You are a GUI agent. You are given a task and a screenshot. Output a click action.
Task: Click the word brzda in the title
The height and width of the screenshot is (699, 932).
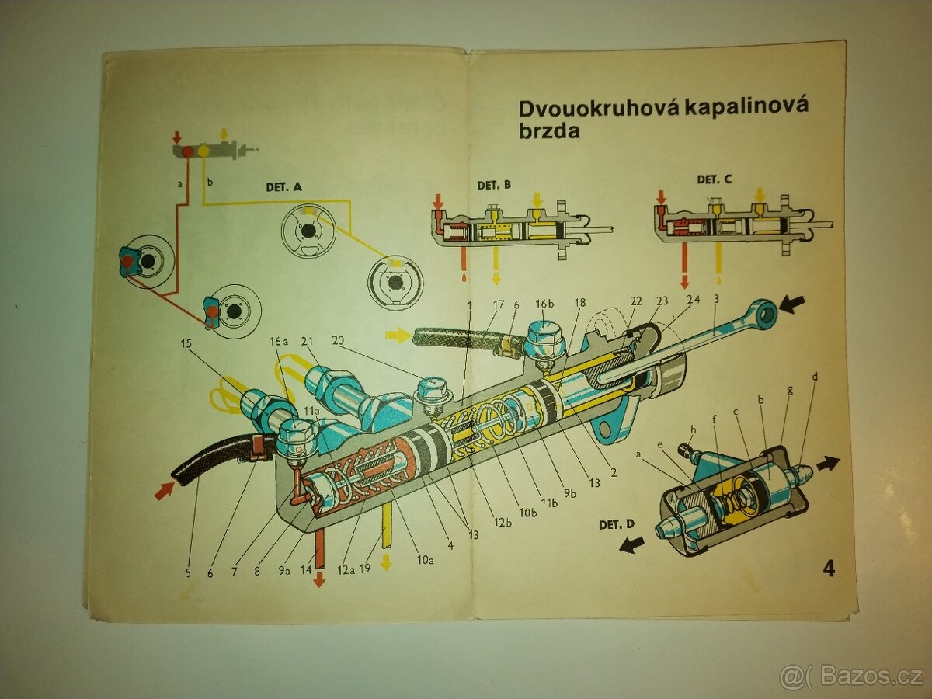pos(549,131)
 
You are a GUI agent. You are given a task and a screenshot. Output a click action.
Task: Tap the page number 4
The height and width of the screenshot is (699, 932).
pos(829,569)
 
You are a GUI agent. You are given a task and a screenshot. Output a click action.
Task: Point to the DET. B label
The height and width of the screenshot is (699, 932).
pos(494,185)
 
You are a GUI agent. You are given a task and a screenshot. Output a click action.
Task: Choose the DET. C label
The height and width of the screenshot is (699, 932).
pos(714,179)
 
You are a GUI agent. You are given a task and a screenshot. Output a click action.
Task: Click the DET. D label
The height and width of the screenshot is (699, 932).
pos(617,524)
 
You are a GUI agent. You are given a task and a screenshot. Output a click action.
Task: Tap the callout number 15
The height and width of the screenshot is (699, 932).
pos(186,343)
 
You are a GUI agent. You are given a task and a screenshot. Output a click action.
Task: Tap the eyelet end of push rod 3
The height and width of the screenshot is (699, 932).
pos(767,311)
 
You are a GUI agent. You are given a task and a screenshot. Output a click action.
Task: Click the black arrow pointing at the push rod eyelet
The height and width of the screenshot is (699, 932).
pos(794,304)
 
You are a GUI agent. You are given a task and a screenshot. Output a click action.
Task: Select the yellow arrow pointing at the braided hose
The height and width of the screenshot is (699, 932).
pos(397,335)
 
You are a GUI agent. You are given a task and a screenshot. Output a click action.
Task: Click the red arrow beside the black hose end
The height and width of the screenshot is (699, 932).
pos(164,491)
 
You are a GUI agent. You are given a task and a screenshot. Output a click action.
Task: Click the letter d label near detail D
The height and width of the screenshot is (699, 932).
pos(815,377)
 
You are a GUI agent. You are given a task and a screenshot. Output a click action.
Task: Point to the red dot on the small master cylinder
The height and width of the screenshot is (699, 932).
pos(187,152)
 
